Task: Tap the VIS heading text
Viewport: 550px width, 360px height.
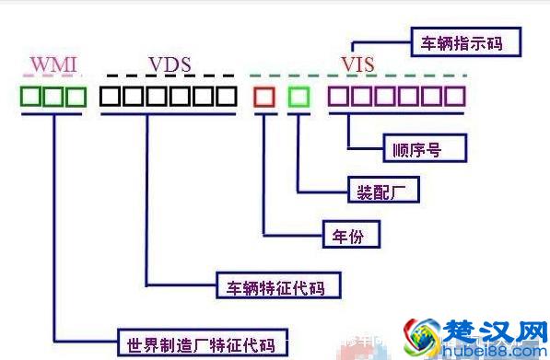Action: point(358,64)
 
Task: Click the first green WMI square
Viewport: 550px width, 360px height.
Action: point(32,96)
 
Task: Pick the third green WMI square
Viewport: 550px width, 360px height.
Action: point(76,96)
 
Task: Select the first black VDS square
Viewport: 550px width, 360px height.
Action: point(111,96)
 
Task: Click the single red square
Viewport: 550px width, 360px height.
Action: point(264,96)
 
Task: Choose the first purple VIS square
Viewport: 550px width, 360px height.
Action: point(340,96)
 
